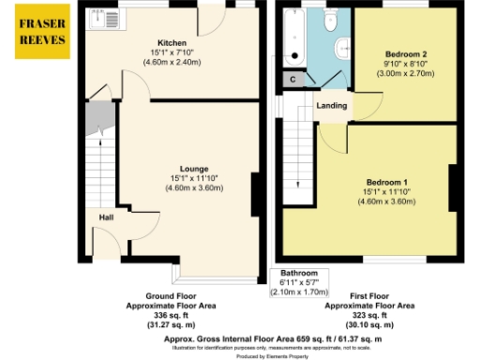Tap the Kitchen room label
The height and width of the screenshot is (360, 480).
(x=172, y=43)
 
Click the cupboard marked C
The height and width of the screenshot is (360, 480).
(x=293, y=80)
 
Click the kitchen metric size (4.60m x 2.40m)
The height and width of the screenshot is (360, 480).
(x=172, y=62)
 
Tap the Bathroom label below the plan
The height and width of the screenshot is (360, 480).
(x=298, y=272)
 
